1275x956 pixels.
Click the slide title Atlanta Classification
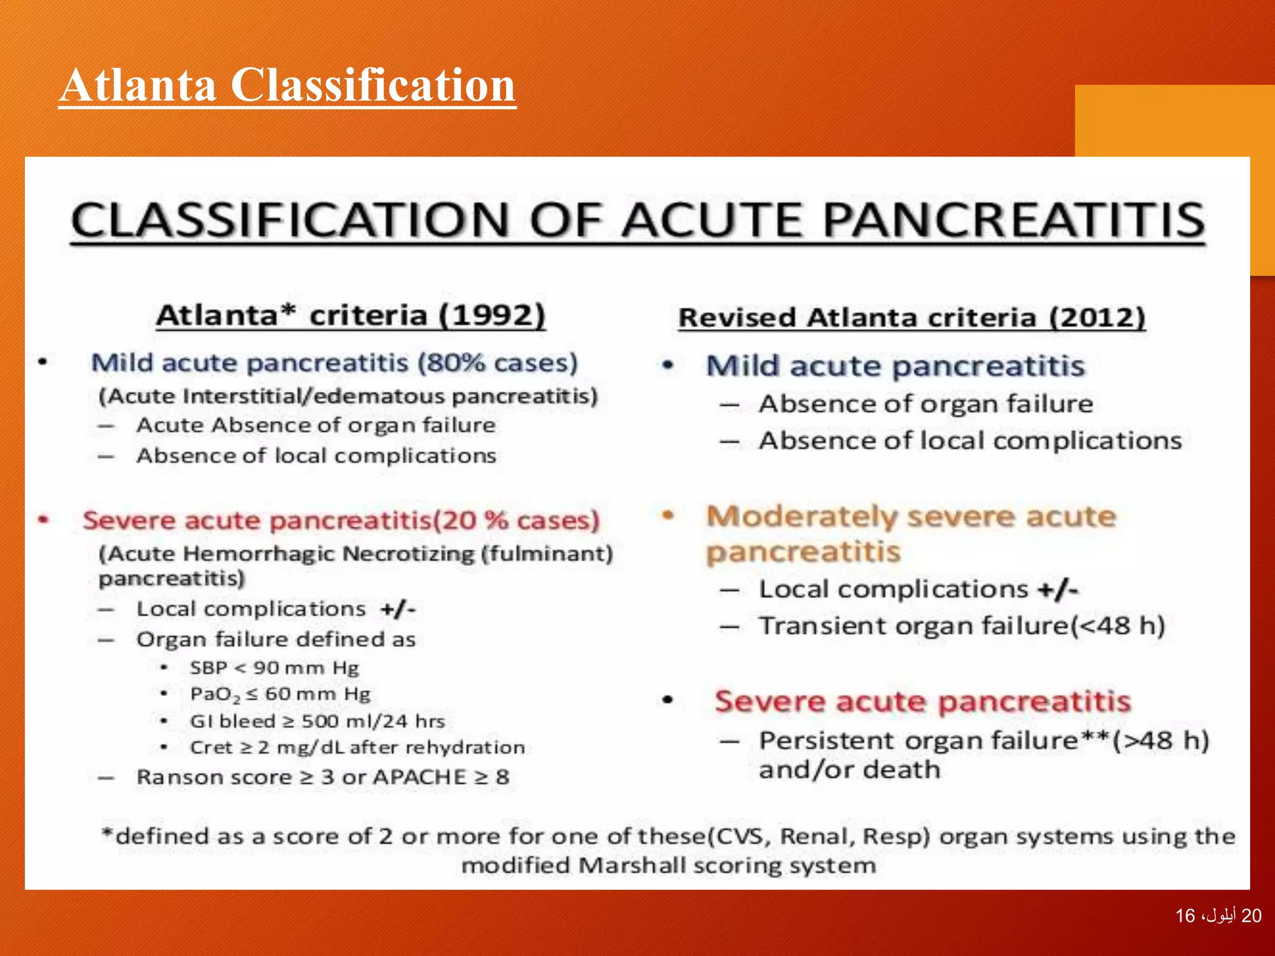[287, 85]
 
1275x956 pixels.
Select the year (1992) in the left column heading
[492, 315]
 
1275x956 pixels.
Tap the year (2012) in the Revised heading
[1097, 317]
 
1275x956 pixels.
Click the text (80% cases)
[497, 362]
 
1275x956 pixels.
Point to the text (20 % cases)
[516, 520]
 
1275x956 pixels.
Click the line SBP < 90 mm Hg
[275, 668]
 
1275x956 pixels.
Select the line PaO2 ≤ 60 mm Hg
[280, 694]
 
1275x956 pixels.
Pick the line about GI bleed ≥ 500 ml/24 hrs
[317, 721]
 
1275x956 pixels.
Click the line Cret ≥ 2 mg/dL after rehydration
[357, 747]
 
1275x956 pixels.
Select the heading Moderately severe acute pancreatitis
[910, 533]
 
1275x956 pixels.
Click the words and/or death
[849, 770]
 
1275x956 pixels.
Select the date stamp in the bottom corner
[1218, 916]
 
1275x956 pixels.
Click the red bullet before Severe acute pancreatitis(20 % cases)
[43, 519]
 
